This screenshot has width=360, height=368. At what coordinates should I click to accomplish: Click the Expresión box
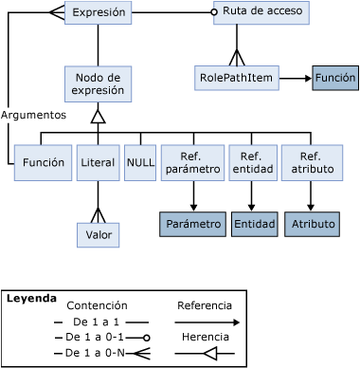pos(98,13)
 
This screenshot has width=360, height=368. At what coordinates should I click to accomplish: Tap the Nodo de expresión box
pos(98,84)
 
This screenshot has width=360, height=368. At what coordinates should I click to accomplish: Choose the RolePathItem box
pos(237,78)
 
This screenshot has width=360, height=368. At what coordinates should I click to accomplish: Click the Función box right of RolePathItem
pos(335,78)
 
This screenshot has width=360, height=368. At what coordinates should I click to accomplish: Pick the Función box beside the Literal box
pos(44,163)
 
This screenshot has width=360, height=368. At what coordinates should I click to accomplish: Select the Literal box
pos(98,163)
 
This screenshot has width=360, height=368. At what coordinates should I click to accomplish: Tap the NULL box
pos(140,163)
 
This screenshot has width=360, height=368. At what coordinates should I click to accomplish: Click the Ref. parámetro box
pos(193,163)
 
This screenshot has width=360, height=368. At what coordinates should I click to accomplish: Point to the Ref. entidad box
pos(251,163)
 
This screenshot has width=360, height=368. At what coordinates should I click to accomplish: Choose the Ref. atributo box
pos(310,163)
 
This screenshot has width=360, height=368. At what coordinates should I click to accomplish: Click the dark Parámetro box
pos(193,224)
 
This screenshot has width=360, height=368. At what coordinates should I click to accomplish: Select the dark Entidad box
pos(253,224)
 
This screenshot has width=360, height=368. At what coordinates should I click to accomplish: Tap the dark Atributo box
pos(311,224)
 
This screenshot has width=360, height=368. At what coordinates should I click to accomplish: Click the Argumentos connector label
pos(33,115)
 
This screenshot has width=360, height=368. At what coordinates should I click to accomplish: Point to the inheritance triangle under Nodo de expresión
pos(98,116)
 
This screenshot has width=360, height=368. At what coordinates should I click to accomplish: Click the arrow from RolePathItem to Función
pos(295,78)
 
